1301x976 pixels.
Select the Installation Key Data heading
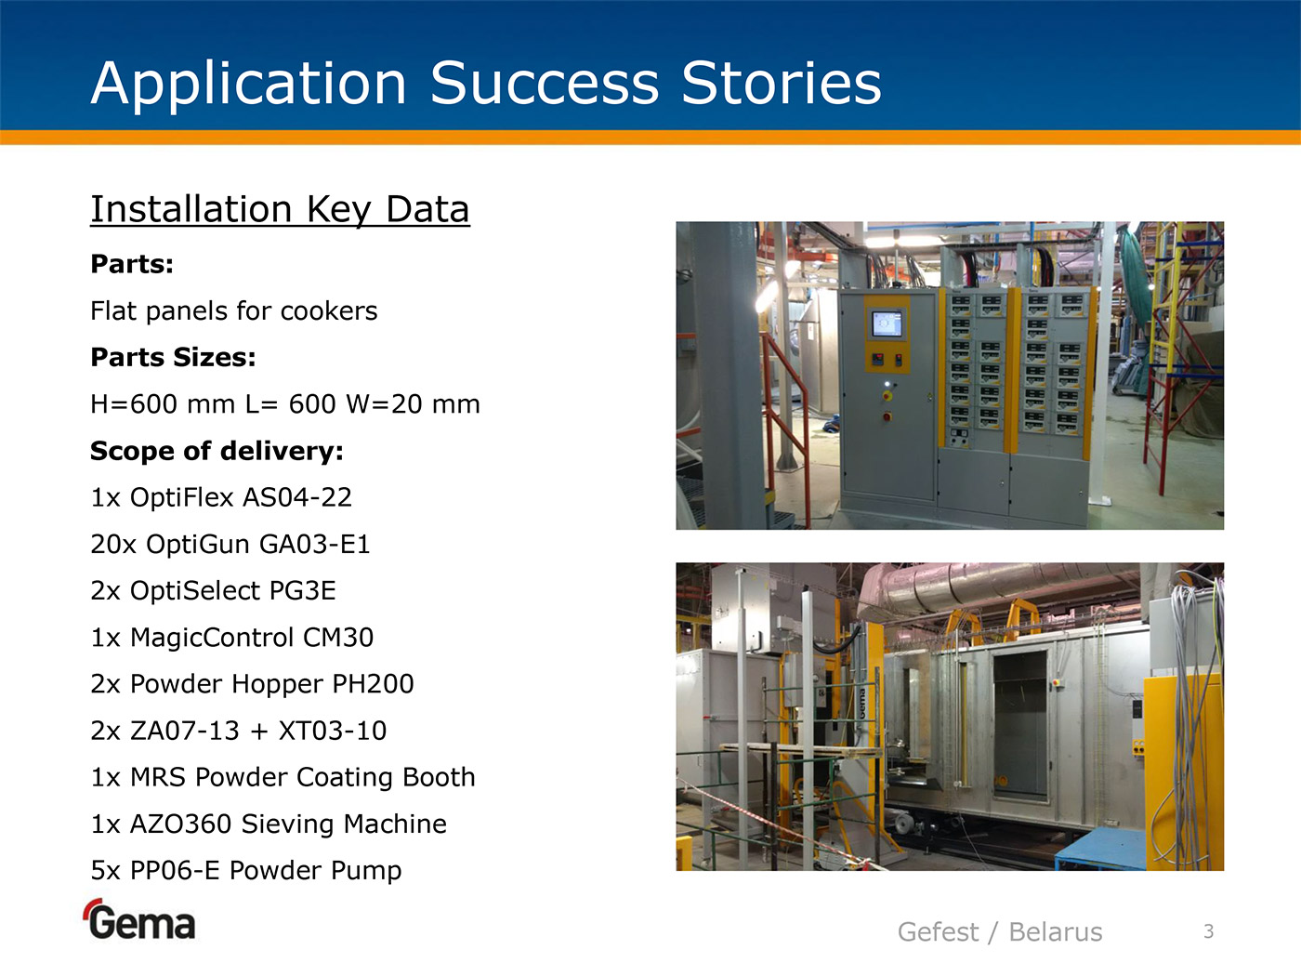tap(280, 209)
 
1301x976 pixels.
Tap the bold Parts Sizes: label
tap(173, 357)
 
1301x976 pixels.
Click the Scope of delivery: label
tap(217, 451)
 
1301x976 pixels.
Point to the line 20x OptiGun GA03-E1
tap(230, 544)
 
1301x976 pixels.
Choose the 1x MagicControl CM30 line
tap(231, 638)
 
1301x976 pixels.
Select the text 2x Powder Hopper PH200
tap(252, 684)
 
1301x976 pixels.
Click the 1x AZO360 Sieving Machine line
tap(269, 824)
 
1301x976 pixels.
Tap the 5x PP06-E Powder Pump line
tap(246, 871)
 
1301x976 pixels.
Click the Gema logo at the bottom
tap(140, 920)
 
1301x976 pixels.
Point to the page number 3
tap(1209, 931)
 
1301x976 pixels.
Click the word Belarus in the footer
tap(1056, 932)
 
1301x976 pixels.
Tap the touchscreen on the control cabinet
tap(887, 324)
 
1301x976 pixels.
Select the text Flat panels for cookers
tap(233, 310)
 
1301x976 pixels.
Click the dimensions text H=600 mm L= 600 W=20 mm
tap(285, 404)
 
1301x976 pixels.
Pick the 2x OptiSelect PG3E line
tap(213, 591)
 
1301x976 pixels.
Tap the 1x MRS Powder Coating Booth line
tap(283, 777)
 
